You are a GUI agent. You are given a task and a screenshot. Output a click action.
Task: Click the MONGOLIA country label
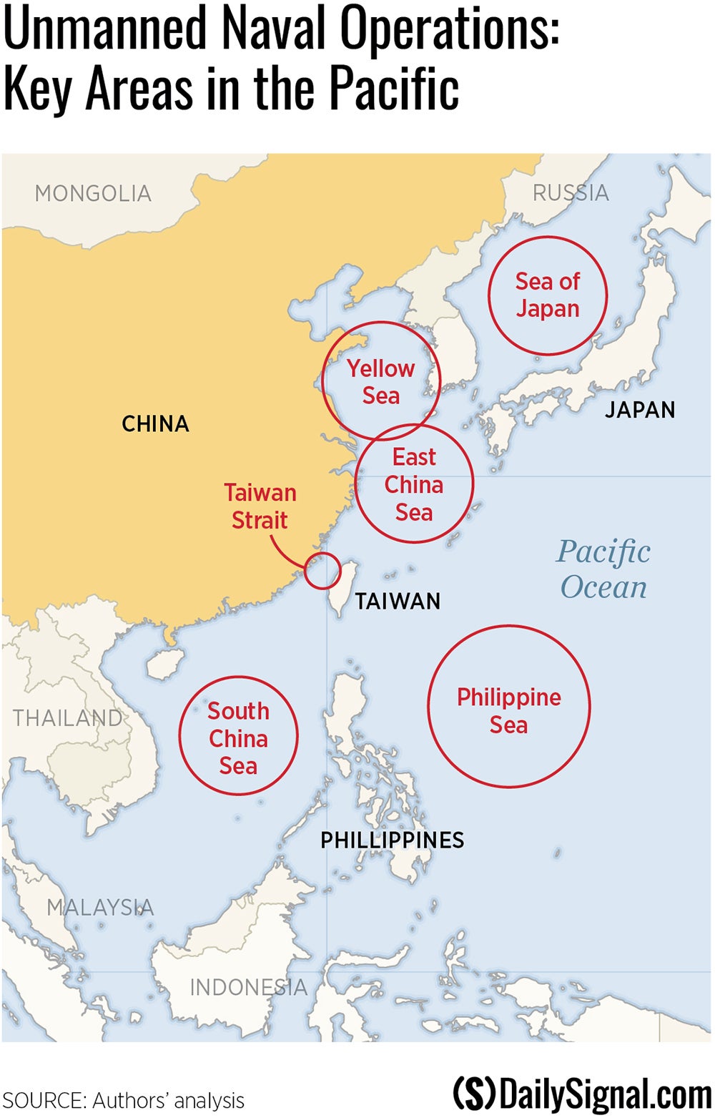(93, 193)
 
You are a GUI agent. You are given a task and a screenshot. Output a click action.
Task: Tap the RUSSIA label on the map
(571, 192)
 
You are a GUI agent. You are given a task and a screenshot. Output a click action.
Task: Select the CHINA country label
(155, 423)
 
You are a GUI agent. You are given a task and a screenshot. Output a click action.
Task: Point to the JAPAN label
(640, 410)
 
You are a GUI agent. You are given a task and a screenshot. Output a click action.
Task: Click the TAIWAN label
(398, 602)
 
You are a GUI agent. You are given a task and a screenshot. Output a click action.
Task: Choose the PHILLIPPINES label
(392, 840)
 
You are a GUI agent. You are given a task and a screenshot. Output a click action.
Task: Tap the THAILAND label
(67, 717)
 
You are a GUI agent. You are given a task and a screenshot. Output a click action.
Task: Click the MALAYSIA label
(100, 907)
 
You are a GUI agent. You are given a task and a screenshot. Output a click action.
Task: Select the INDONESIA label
(248, 987)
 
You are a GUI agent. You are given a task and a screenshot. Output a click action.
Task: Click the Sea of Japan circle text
(548, 295)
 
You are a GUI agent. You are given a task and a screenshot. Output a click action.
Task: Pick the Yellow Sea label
(380, 382)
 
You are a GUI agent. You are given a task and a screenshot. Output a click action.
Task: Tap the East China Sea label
(414, 484)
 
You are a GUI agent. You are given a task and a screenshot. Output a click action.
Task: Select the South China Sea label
(238, 738)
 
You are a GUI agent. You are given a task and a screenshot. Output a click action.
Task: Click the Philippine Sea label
(508, 710)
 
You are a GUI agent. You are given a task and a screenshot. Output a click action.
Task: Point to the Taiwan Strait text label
(260, 506)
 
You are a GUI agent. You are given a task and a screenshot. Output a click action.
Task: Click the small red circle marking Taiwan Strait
(322, 570)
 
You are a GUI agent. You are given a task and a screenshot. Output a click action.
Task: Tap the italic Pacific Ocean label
(603, 569)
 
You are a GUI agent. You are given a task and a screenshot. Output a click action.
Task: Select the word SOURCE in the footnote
(42, 1100)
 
